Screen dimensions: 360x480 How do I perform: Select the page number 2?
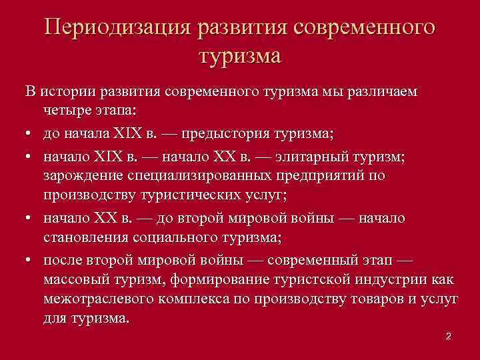(449, 337)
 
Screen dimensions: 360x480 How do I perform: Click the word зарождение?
(81, 176)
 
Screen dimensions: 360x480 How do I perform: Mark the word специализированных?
(196, 176)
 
